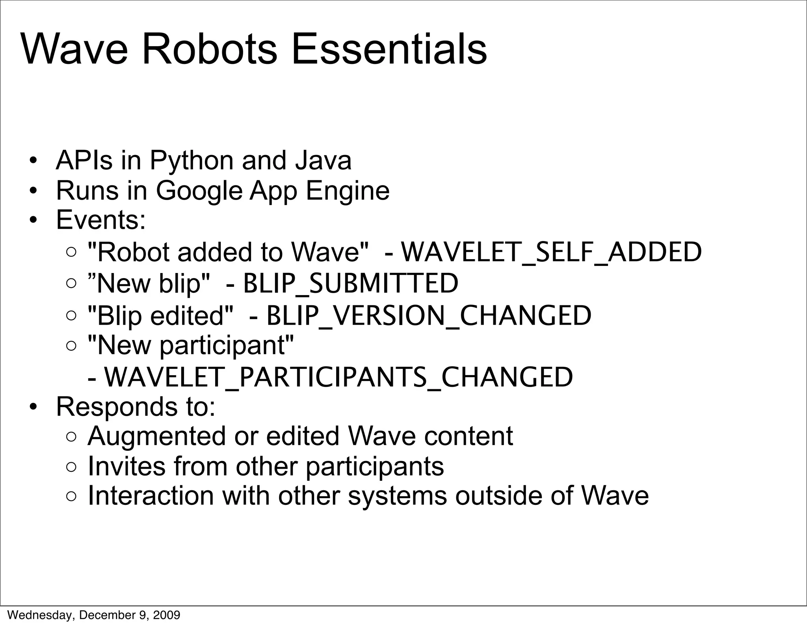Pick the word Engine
point(348,191)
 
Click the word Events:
point(101,220)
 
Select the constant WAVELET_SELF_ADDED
point(551,252)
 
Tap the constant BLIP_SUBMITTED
point(351,283)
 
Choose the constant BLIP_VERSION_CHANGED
point(429,316)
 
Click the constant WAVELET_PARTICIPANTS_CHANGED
point(338,377)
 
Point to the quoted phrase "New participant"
point(191,345)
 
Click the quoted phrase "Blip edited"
point(160,316)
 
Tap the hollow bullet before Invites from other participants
point(71,467)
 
